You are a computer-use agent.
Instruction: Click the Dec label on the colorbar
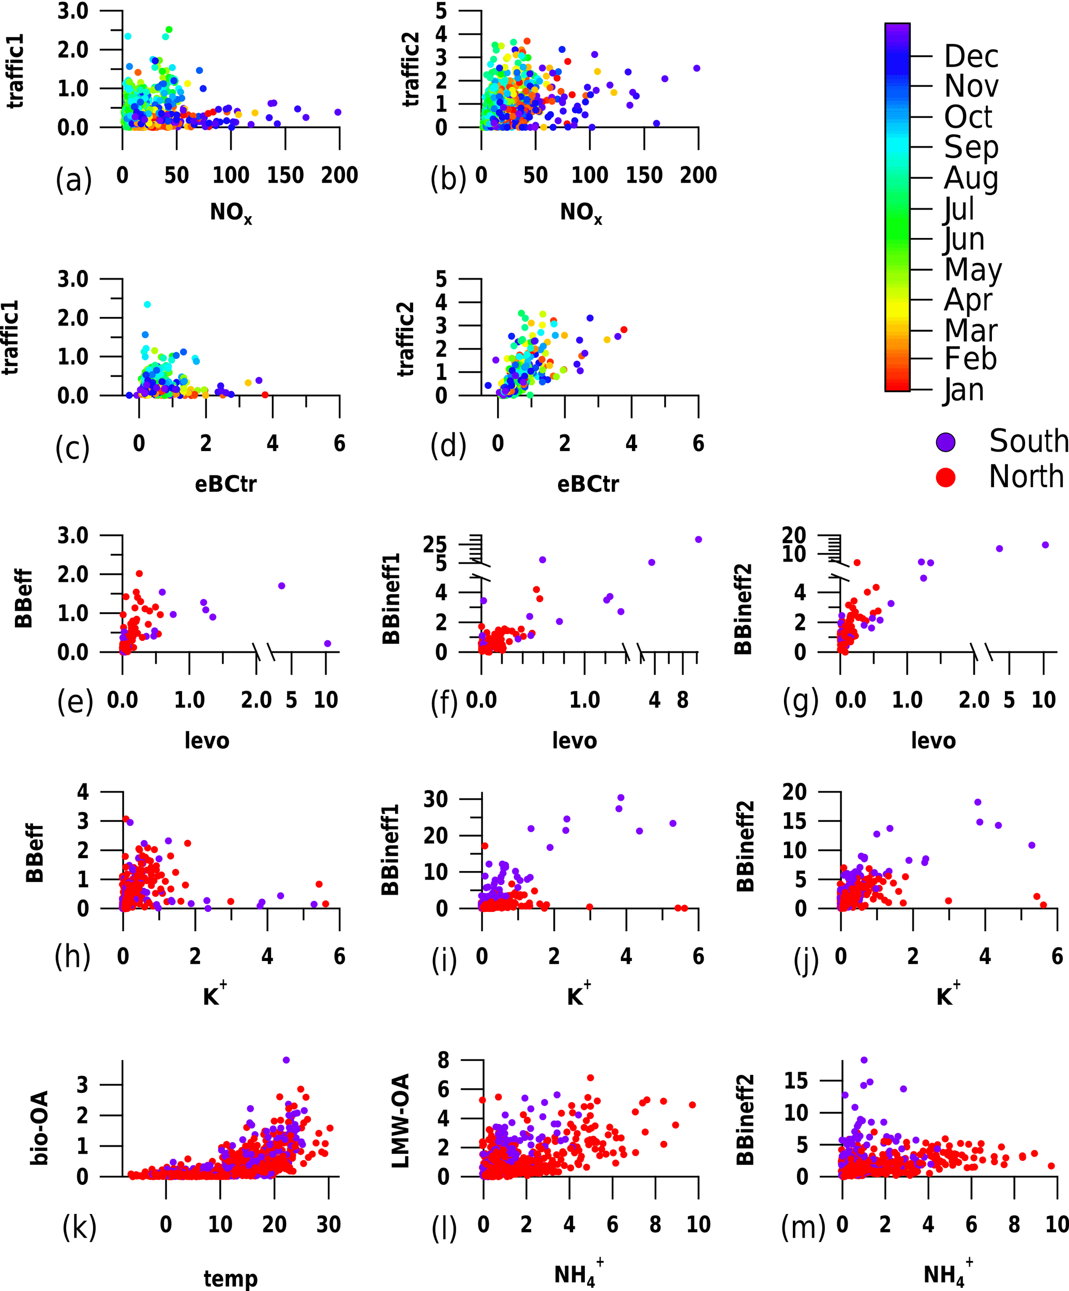[x=971, y=56]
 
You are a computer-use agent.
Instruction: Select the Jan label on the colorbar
[x=964, y=390]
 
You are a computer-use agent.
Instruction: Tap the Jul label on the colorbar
[x=959, y=209]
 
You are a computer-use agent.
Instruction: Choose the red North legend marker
[x=945, y=477]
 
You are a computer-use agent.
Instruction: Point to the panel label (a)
[x=73, y=179]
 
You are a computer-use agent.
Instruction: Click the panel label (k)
[x=79, y=1226]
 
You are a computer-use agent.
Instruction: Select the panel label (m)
[x=803, y=1226]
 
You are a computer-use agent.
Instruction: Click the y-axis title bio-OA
[x=39, y=1128]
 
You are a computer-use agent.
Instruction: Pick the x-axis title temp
[x=231, y=1278]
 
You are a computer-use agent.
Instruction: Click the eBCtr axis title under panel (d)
[x=588, y=484]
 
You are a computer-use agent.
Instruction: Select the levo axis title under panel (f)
[x=574, y=740]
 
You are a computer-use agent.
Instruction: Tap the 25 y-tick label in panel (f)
[x=434, y=544]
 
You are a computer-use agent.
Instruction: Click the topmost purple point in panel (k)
[x=286, y=1060]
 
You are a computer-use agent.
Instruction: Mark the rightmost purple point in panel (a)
[x=338, y=112]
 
